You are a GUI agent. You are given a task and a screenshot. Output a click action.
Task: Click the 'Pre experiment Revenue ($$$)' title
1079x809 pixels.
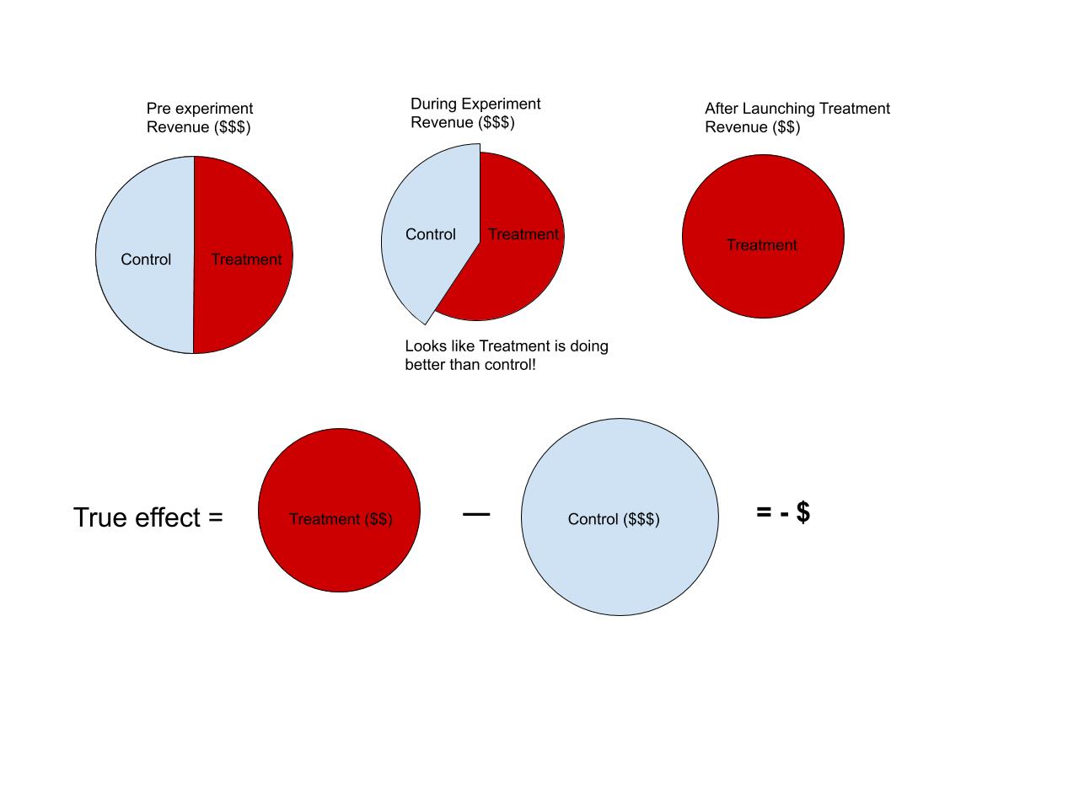click(x=200, y=118)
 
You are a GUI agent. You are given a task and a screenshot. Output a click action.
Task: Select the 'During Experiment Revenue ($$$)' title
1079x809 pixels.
click(x=475, y=113)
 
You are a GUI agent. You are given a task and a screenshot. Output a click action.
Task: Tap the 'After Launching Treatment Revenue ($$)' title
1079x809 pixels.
click(x=797, y=118)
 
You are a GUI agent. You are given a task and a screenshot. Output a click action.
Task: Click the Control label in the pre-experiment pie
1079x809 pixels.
click(x=146, y=260)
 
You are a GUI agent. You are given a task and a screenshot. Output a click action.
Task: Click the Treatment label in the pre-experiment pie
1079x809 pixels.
click(x=246, y=260)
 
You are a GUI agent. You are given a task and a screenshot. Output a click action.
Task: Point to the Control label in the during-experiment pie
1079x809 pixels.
click(x=430, y=234)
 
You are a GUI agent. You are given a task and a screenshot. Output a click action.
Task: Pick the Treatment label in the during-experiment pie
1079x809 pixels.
click(x=523, y=234)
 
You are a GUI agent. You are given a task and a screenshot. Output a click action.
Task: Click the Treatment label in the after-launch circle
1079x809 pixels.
click(x=762, y=245)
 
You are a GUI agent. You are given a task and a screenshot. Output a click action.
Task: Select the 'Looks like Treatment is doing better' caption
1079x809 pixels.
click(x=506, y=356)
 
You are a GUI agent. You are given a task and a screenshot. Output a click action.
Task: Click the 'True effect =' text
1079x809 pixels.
click(x=148, y=517)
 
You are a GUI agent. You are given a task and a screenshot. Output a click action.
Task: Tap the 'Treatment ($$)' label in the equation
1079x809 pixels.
click(x=341, y=519)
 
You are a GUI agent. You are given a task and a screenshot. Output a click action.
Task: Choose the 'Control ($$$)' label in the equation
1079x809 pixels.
click(x=614, y=519)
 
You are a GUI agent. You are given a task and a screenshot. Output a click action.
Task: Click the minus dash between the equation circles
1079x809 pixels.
click(x=476, y=513)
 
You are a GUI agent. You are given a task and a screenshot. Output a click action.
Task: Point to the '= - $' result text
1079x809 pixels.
click(x=783, y=512)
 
